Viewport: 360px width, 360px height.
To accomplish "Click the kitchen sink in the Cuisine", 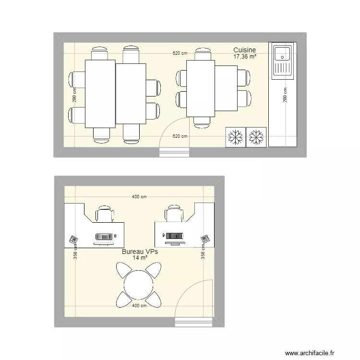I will (282, 61).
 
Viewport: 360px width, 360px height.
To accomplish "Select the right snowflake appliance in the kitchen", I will (256, 137).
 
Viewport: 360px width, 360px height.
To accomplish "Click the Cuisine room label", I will (244, 50).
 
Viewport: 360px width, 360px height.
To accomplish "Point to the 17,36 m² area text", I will (244, 57).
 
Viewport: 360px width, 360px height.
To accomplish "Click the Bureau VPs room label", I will (140, 252).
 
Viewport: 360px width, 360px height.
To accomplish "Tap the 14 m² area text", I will (140, 258).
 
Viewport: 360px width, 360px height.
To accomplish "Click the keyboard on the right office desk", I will (173, 236).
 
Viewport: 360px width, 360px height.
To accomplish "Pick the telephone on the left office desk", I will (73, 239).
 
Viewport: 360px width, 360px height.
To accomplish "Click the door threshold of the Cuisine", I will (175, 152).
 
